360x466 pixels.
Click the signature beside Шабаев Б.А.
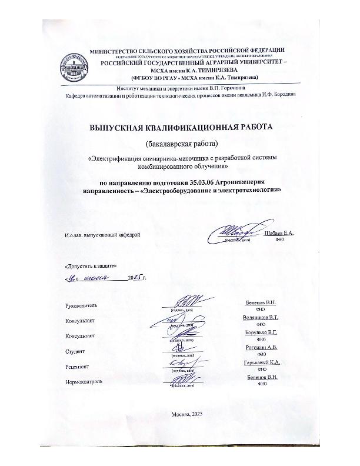pyautogui.click(x=235, y=232)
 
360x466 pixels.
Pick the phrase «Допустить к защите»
pyautogui.click(x=86, y=266)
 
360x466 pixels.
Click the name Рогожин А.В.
pyautogui.click(x=261, y=348)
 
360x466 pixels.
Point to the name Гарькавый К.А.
pyautogui.click(x=261, y=362)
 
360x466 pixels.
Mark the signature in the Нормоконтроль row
pyautogui.click(x=184, y=380)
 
